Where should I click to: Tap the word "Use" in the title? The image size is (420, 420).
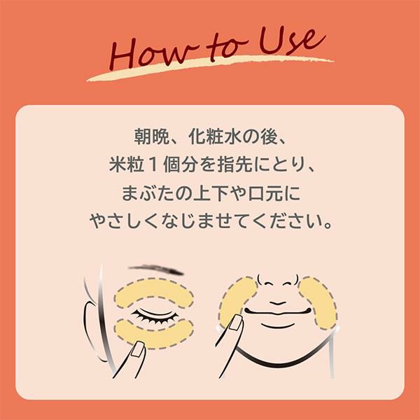click(291, 42)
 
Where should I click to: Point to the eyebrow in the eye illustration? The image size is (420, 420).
click(156, 270)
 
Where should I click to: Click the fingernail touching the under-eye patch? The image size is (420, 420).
click(139, 349)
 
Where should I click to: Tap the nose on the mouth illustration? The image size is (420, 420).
click(278, 280)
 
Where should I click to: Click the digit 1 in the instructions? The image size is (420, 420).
click(152, 164)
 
